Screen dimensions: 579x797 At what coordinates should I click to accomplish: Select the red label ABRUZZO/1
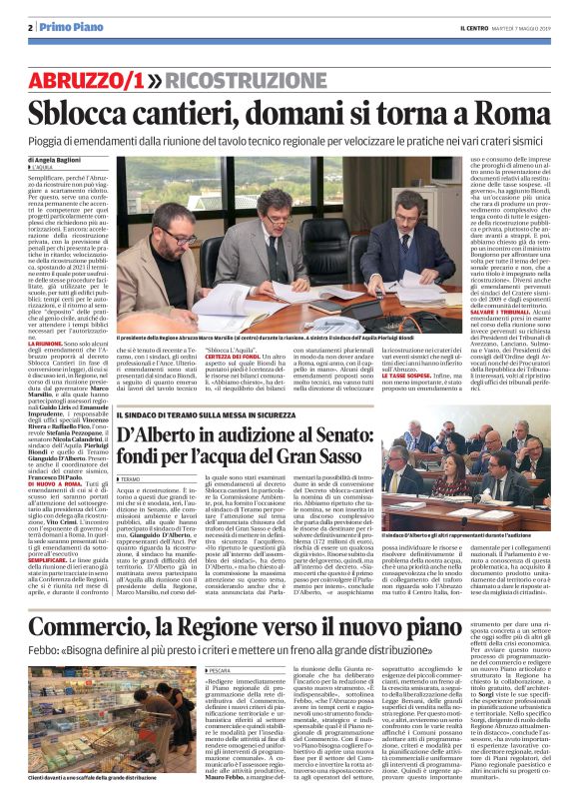(x=95, y=78)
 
